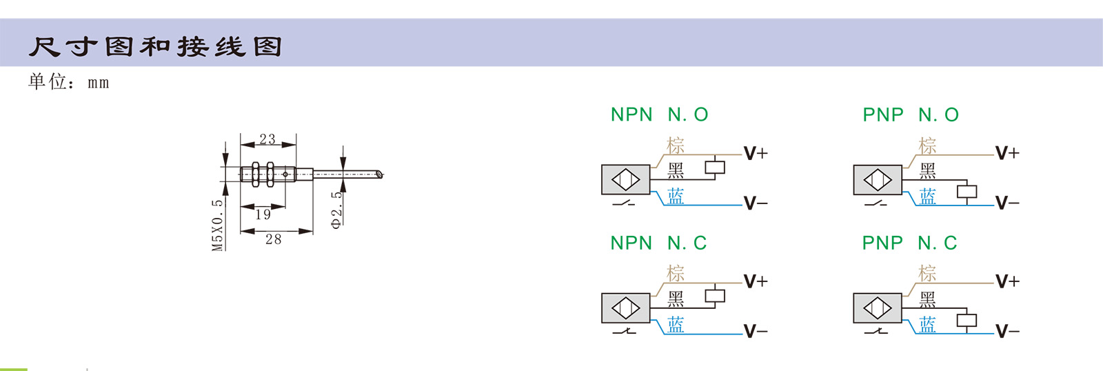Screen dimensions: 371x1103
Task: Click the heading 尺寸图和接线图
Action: (155, 47)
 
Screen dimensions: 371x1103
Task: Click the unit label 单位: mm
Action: (68, 82)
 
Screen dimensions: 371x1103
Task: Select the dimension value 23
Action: (267, 139)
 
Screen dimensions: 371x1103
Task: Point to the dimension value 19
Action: (263, 214)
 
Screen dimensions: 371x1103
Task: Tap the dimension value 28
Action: (273, 239)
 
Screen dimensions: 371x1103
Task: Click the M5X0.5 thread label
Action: (218, 225)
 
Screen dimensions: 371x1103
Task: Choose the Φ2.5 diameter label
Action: (336, 210)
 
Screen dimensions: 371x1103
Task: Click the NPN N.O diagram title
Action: (659, 114)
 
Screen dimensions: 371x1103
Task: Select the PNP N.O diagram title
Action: (911, 114)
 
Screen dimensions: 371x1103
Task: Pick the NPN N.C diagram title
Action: (658, 243)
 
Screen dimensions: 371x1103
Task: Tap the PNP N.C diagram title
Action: (909, 243)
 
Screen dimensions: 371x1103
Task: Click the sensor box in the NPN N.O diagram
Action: (625, 180)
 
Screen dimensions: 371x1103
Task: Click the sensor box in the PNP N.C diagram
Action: (877, 308)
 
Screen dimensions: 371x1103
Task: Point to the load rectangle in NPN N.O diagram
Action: (715, 168)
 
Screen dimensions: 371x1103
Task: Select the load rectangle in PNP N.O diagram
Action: (967, 192)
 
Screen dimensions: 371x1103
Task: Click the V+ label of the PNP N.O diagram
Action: (1006, 153)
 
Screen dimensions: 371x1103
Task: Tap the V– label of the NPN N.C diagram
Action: (755, 332)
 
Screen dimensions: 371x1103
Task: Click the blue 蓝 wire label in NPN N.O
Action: (676, 197)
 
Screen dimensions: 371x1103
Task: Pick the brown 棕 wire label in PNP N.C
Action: (927, 273)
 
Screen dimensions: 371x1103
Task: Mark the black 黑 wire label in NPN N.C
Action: (676, 299)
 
